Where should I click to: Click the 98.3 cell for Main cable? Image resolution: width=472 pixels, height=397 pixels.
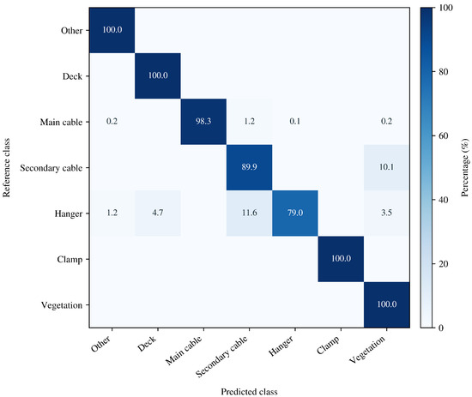[x=203, y=122]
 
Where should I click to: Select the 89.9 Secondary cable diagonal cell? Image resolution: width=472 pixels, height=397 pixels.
[x=249, y=167]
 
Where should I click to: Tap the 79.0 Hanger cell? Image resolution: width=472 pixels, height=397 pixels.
[x=295, y=214]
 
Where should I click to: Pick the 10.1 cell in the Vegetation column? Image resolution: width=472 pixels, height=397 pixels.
[x=386, y=167]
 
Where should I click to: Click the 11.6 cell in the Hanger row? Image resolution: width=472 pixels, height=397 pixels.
[x=249, y=214]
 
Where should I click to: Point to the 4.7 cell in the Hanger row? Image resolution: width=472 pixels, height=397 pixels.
[x=158, y=214]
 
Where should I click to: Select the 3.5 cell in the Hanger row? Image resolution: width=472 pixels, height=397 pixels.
[x=386, y=214]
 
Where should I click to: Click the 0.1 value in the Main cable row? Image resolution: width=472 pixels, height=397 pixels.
[x=295, y=122]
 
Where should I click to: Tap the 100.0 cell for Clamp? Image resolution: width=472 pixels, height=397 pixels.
[x=341, y=259]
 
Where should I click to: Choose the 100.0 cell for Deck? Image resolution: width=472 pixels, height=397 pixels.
[x=158, y=75]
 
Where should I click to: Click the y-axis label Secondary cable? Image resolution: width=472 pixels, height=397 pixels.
[x=51, y=168]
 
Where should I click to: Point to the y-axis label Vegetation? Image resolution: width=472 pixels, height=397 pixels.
[x=62, y=305]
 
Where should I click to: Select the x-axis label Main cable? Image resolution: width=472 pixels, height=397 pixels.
[x=184, y=351]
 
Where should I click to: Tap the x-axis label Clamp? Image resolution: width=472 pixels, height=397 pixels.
[x=329, y=346]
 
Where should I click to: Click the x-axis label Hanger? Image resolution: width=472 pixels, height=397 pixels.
[x=281, y=346]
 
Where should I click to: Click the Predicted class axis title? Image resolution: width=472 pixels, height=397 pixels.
[x=249, y=392]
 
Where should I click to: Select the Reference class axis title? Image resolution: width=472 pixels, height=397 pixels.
[x=6, y=167]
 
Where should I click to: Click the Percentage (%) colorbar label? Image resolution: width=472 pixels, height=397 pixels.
[x=465, y=167]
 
